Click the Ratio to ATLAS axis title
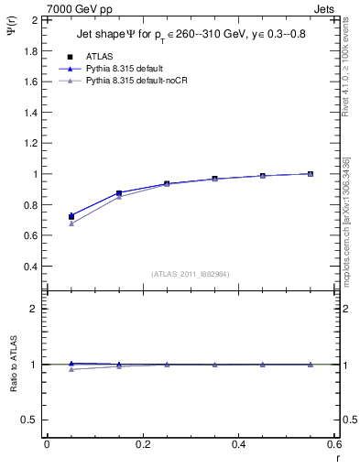pyautogui.click(x=16, y=364)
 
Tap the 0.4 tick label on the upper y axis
pyautogui.click(x=31, y=267)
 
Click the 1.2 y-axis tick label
pyautogui.click(x=31, y=143)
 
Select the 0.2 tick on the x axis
pyautogui.click(x=142, y=444)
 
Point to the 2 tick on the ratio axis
pyautogui.click(x=35, y=309)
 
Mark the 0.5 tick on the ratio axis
pyautogui.click(x=31, y=420)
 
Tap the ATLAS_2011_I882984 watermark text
pyautogui.click(x=191, y=273)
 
